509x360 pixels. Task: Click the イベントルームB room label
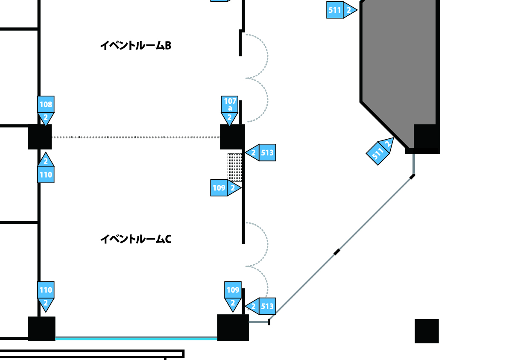point(135,45)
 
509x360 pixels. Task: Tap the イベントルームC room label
point(135,239)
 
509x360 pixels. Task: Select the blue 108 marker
point(46,110)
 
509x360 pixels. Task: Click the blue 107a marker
point(229,110)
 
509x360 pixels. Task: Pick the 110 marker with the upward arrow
point(46,167)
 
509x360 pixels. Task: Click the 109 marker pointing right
point(226,187)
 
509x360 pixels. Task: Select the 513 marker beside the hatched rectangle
point(260,152)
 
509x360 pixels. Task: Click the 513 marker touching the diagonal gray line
point(260,306)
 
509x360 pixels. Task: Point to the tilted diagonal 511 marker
point(380,151)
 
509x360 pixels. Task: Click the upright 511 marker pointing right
point(342,10)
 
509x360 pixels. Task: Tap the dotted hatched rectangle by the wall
point(235,167)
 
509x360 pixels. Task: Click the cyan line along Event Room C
point(136,338)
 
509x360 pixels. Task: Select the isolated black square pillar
point(427,331)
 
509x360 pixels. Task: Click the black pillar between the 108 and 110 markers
point(40,137)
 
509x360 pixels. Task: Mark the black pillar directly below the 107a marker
point(232,137)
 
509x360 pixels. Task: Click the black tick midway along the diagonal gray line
point(337,252)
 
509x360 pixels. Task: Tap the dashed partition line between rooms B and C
point(136,137)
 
